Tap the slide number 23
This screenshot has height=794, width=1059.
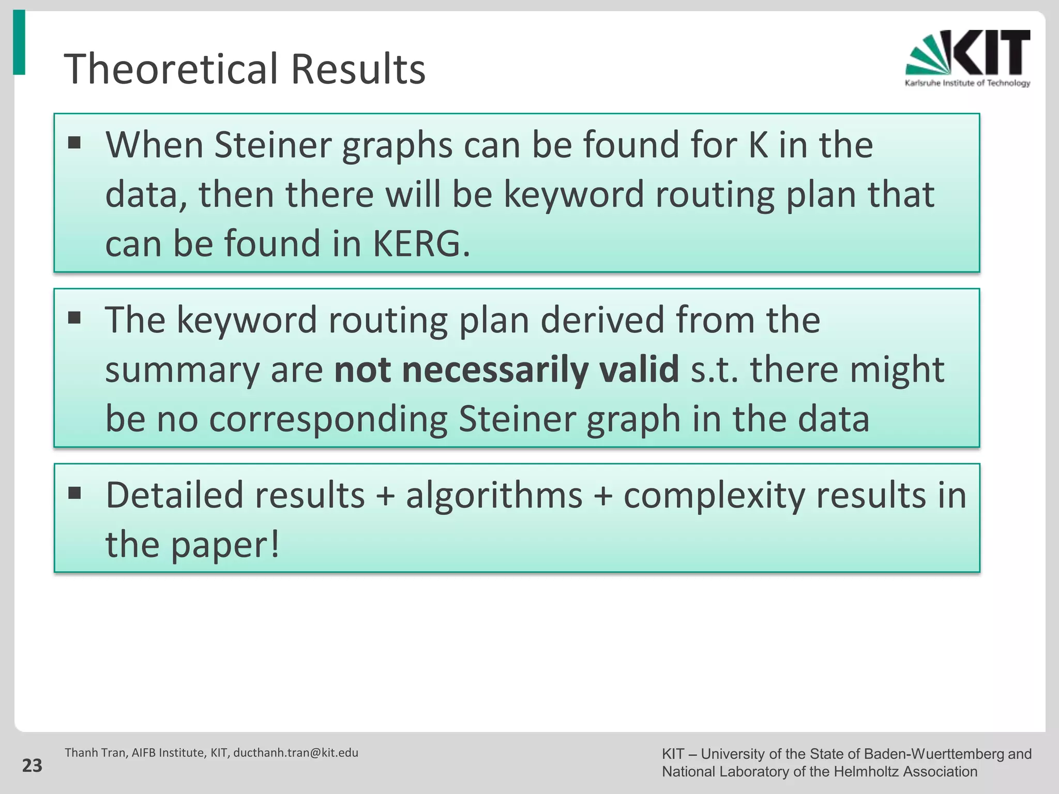click(x=32, y=766)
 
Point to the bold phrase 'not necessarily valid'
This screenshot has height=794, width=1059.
click(x=507, y=370)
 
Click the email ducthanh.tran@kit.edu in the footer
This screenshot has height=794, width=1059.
click(x=296, y=753)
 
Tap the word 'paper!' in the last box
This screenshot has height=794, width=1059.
click(x=225, y=545)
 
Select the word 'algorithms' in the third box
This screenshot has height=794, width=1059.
click(x=494, y=495)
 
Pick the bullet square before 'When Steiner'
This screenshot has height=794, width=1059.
click(x=74, y=142)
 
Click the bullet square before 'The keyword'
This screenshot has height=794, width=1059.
click(x=74, y=317)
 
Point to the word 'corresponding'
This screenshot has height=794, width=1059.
click(x=328, y=419)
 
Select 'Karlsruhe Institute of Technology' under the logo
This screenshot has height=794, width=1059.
click(x=967, y=83)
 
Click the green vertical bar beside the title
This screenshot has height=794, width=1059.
click(x=19, y=42)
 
